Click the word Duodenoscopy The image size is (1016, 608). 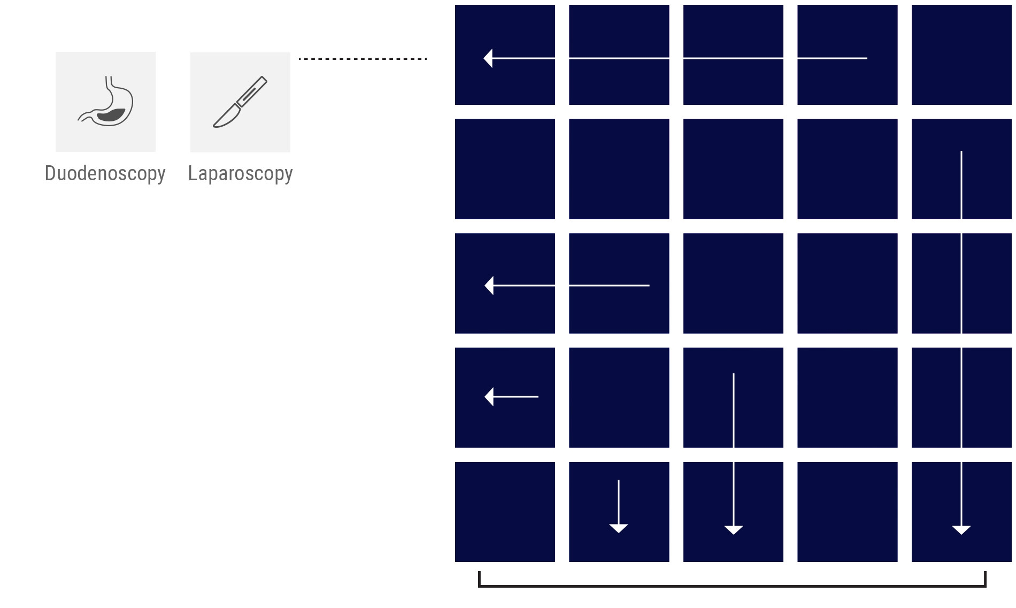pyautogui.click(x=105, y=173)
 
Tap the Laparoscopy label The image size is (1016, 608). pyautogui.click(x=240, y=173)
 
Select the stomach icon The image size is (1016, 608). pyautogui.click(x=106, y=102)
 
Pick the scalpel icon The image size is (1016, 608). pyautogui.click(x=240, y=102)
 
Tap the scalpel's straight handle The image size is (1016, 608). pyautogui.click(x=252, y=91)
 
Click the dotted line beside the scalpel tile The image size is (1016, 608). pyautogui.click(x=363, y=58)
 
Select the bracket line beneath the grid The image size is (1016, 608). pyautogui.click(x=732, y=586)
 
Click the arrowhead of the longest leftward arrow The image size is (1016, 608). pyautogui.click(x=488, y=58)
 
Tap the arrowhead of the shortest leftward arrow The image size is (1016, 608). pyautogui.click(x=489, y=397)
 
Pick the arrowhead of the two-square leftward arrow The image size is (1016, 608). pyautogui.click(x=489, y=286)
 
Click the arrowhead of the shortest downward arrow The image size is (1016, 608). pyautogui.click(x=619, y=528)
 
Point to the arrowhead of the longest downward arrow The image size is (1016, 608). pyautogui.click(x=961, y=529)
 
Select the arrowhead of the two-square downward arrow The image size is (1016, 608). pyautogui.click(x=734, y=529)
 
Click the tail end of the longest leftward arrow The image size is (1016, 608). pyautogui.click(x=866, y=58)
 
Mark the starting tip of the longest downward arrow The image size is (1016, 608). pyautogui.click(x=961, y=152)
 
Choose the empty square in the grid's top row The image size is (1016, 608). pyautogui.click(x=961, y=55)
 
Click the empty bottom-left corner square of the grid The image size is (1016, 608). pyautogui.click(x=505, y=512)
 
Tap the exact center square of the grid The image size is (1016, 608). pyautogui.click(x=733, y=283)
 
